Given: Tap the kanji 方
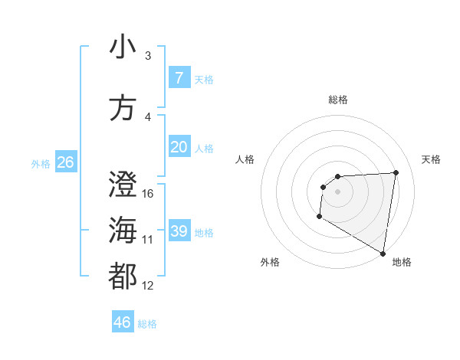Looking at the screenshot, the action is (123, 108).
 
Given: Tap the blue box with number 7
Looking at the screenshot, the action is (179, 78).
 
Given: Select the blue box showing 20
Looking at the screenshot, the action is (179, 147).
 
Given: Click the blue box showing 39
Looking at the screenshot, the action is (179, 231).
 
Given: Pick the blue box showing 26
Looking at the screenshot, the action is (65, 162).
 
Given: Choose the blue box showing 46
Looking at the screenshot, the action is (122, 322).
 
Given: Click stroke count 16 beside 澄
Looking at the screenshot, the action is (148, 193).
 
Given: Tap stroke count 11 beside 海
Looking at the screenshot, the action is (148, 240).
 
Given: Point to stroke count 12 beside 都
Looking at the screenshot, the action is (148, 286).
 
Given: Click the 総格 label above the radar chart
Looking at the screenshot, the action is (337, 100).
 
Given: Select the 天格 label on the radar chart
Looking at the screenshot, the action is (431, 159).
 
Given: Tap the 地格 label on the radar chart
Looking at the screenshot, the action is (402, 262).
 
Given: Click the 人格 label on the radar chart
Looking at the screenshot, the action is (245, 159).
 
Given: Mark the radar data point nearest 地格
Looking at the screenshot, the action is (383, 254).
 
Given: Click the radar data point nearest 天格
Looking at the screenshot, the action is (396, 172).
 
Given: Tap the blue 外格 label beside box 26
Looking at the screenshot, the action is (41, 163).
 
